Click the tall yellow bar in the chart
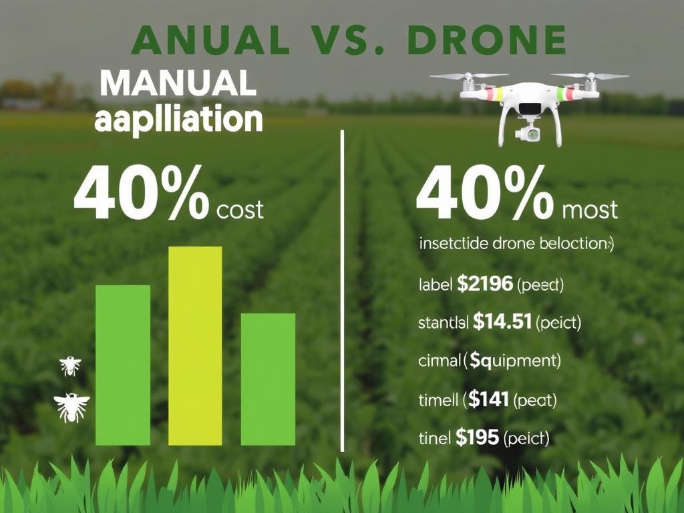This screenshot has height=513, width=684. (195, 345)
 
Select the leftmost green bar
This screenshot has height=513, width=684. (123, 365)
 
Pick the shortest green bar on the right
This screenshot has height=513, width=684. (268, 379)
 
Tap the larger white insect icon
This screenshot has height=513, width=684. (71, 407)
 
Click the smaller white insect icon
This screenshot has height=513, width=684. (70, 365)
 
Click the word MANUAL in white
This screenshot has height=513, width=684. (177, 85)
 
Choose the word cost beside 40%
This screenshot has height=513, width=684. (240, 210)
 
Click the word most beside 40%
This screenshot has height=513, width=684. (590, 210)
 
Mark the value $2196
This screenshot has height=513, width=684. (486, 285)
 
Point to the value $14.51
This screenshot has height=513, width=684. (502, 323)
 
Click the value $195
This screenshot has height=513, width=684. (477, 438)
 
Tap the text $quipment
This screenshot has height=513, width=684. (513, 361)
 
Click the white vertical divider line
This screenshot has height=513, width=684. (342, 291)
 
